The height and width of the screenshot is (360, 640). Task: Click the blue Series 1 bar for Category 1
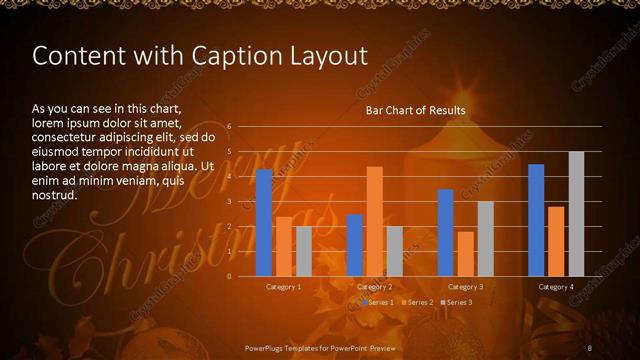pyautogui.click(x=264, y=223)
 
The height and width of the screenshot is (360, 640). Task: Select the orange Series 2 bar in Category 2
pyautogui.click(x=374, y=221)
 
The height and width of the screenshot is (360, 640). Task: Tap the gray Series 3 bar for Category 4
pyautogui.click(x=576, y=214)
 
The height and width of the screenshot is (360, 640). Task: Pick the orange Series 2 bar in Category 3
pyautogui.click(x=465, y=254)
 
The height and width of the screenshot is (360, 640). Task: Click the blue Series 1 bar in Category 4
pyautogui.click(x=536, y=220)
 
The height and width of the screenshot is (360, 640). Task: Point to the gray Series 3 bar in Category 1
pyautogui.click(x=304, y=251)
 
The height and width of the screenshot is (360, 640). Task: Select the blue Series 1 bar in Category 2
pyautogui.click(x=355, y=245)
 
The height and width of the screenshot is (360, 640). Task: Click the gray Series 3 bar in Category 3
pyautogui.click(x=485, y=239)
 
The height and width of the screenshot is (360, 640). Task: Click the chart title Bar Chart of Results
pyautogui.click(x=415, y=110)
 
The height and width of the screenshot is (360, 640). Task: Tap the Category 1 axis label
pyautogui.click(x=284, y=287)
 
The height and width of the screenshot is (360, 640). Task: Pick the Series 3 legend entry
pyautogui.click(x=457, y=302)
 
